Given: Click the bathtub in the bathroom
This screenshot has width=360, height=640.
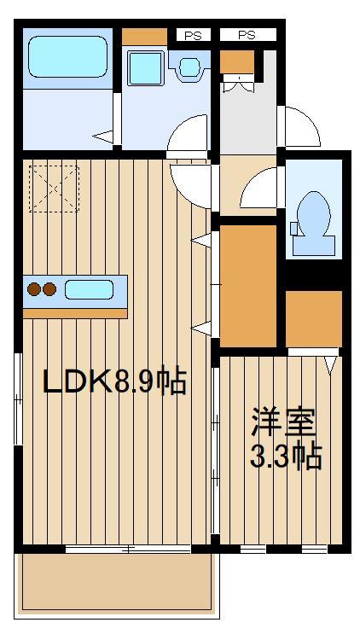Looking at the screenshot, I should click(x=67, y=59).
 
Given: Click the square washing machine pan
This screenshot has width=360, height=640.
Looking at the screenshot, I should click(x=144, y=67).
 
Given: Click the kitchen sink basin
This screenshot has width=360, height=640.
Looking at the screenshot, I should click(x=90, y=289).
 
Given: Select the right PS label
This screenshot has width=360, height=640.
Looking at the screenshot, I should click(x=247, y=35).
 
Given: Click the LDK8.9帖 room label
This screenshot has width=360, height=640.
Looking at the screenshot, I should click(x=114, y=381).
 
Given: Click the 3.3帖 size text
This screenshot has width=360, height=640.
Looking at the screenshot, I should click(x=285, y=457).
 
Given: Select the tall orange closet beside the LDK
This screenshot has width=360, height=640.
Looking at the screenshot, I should click(x=248, y=282).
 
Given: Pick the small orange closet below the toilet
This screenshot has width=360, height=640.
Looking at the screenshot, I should click(x=313, y=317).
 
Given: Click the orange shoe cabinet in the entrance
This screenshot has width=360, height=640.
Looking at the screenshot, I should click(x=237, y=61).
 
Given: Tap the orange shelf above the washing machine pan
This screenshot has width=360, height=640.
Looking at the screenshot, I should click(x=144, y=37).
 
